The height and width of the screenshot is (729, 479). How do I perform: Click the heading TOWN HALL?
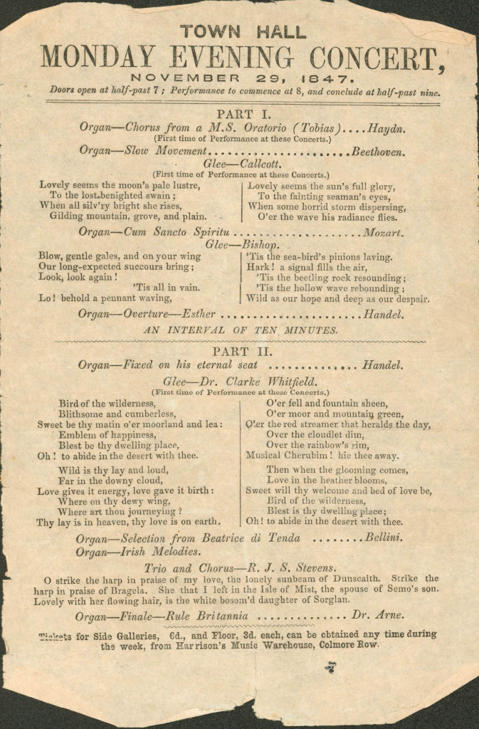click(243, 32)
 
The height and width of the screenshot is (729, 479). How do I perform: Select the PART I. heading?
click(242, 114)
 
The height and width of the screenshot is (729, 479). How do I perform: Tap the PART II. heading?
click(242, 352)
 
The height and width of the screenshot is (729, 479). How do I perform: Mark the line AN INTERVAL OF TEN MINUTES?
click(241, 330)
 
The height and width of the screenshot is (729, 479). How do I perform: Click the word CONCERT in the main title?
click(379, 56)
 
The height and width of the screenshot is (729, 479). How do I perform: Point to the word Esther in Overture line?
click(199, 313)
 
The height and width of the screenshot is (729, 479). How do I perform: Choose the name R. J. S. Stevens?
click(291, 567)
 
